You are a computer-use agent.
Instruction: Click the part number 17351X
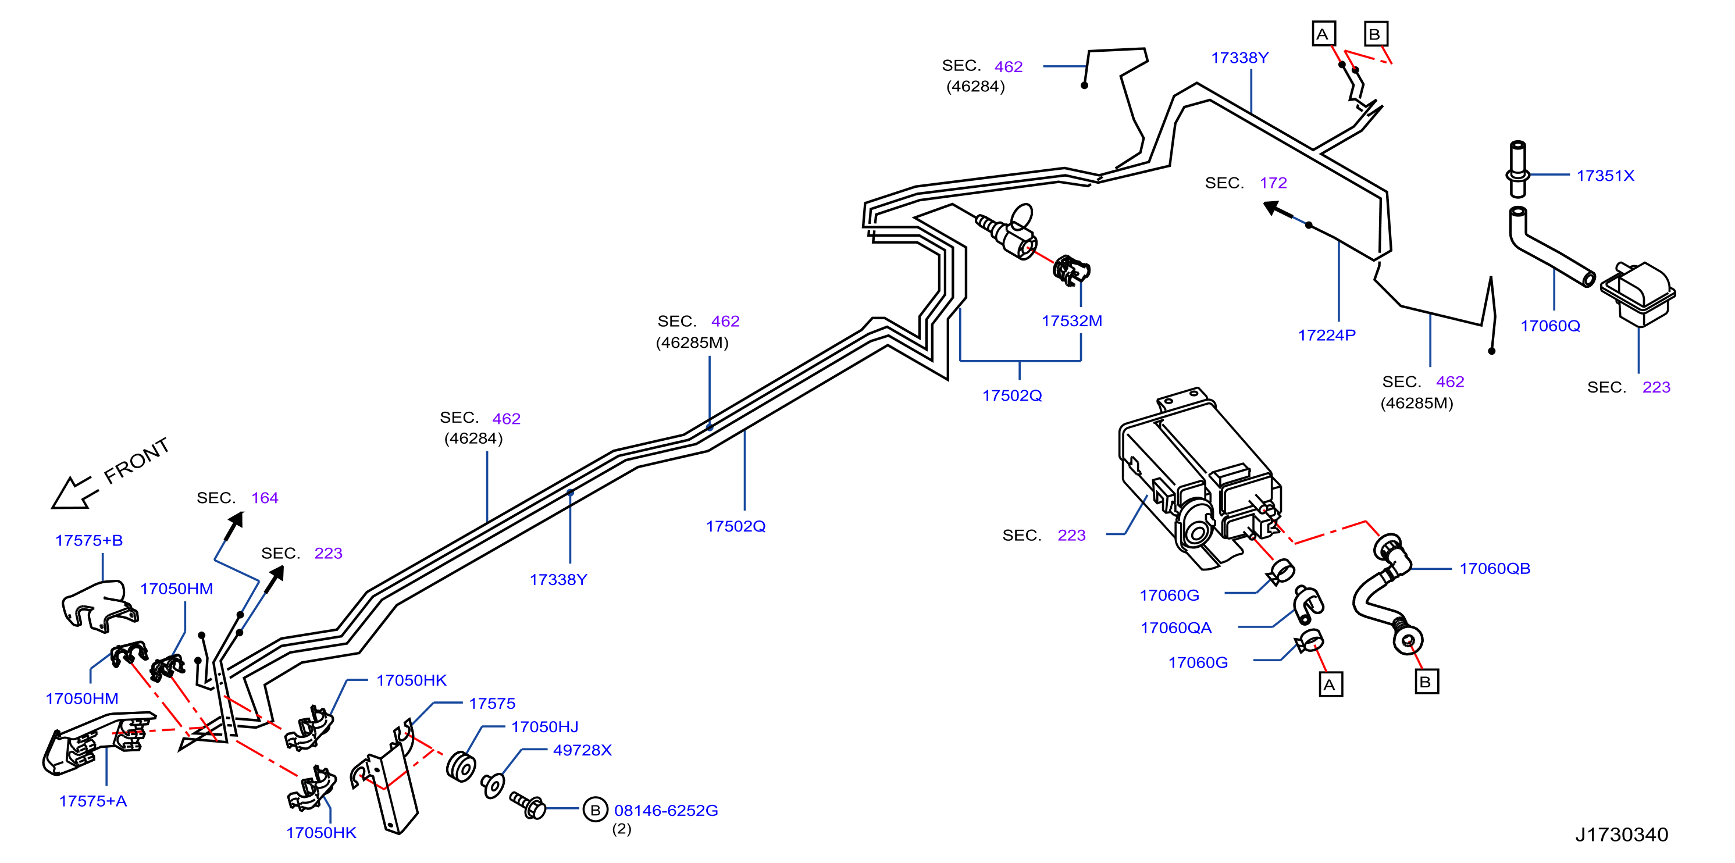pos(1605,176)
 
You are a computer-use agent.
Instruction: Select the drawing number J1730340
pos(1621,835)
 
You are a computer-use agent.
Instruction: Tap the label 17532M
pos(1071,321)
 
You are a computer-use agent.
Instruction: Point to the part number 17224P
pos(1326,335)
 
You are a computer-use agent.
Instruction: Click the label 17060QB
pos(1495,569)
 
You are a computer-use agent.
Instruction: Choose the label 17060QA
pos(1175,628)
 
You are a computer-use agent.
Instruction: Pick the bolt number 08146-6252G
pos(665,811)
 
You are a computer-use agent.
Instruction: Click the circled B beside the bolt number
pos(595,810)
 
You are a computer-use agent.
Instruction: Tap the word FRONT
pos(137,461)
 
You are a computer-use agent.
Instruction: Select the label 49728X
pos(582,751)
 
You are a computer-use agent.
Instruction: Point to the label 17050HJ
pos(544,727)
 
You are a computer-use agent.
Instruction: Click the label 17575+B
pos(89,541)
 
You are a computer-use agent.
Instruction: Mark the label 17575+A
pos(93,801)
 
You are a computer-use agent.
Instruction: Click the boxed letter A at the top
pos(1323,34)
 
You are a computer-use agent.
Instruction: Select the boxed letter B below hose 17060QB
pos(1426,682)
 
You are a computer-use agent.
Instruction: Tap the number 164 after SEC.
pos(265,498)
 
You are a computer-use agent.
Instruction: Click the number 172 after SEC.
pos(1273,183)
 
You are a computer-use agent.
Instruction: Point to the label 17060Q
pos(1550,326)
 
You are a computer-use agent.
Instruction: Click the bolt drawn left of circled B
pos(528,805)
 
